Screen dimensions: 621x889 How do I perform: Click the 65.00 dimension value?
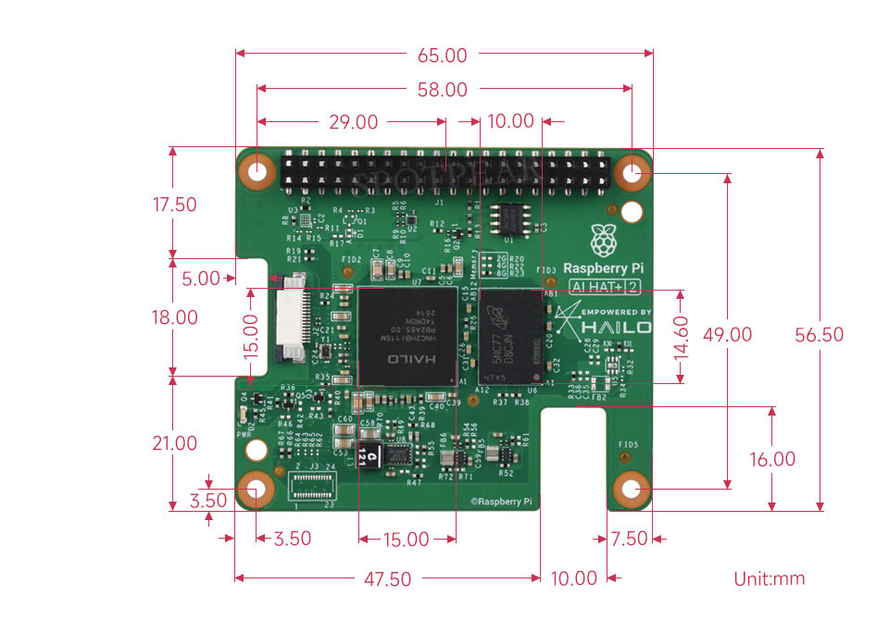[x=442, y=56]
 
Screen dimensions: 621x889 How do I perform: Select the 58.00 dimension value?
[x=442, y=90]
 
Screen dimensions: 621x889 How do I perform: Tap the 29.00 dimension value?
[x=353, y=122]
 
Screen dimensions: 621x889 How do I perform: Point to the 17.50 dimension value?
[x=174, y=205]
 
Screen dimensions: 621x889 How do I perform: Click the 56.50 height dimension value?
[x=820, y=334]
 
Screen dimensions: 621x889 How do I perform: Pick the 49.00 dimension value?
[x=729, y=334]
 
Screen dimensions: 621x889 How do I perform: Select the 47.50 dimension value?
[x=387, y=579]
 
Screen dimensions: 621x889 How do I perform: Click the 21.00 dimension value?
[x=174, y=443]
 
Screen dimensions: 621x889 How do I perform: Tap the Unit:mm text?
[x=770, y=579]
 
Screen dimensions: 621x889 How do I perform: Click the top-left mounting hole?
[x=257, y=170]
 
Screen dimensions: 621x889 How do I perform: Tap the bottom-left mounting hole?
[x=257, y=490]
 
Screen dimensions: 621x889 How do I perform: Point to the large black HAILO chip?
[x=407, y=335]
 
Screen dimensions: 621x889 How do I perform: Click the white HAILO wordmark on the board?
[x=617, y=328]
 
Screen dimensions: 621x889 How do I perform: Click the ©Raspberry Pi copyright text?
[x=501, y=501]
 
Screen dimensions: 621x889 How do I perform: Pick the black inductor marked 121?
[x=369, y=453]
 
